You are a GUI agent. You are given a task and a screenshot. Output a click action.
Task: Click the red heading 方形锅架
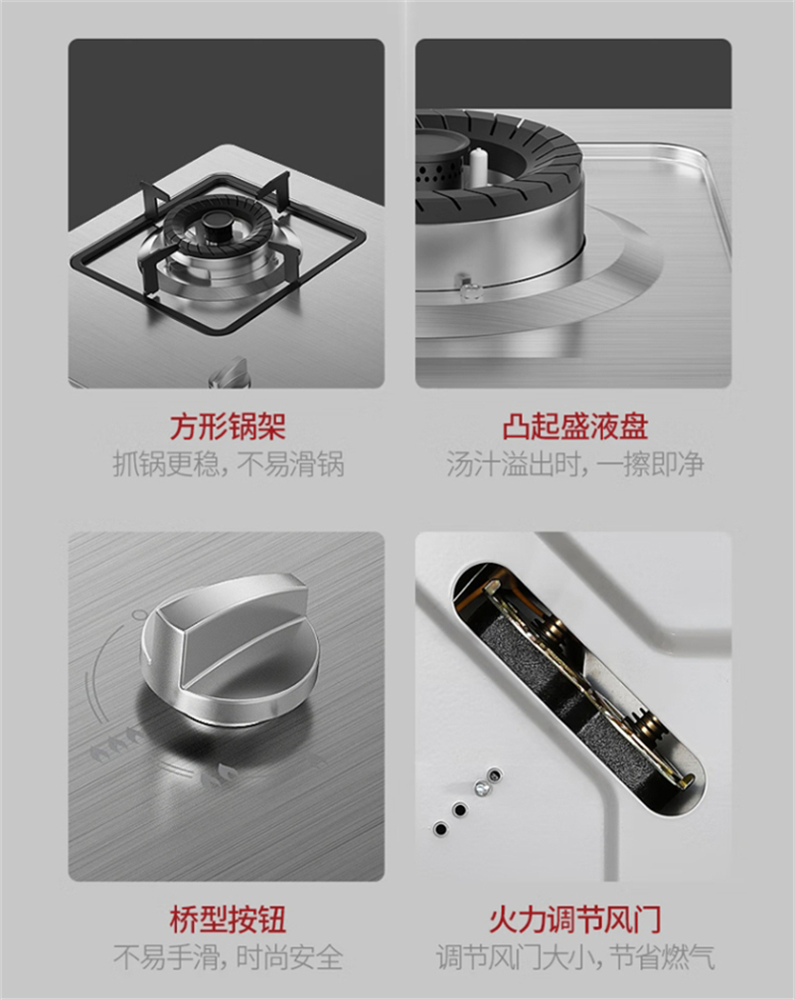coord(227,426)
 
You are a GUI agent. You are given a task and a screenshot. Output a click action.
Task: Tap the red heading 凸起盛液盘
coord(574,426)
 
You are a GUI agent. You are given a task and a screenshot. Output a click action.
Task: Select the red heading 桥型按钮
coord(227,919)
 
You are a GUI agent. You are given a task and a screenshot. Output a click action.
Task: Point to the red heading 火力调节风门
coord(574,919)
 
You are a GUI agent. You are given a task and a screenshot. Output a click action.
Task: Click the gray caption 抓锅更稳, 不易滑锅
coord(228,463)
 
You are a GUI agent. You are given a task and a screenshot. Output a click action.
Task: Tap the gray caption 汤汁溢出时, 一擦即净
coord(574,463)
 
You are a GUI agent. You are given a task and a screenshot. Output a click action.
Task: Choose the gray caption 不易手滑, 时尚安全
coord(228,956)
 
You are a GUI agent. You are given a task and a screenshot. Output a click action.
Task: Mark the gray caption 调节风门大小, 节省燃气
coord(574,956)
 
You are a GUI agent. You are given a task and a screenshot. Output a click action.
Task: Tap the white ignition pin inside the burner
coord(478,167)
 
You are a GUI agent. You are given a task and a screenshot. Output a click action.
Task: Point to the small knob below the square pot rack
coord(230,373)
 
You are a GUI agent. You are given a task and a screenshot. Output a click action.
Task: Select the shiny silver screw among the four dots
coord(483,788)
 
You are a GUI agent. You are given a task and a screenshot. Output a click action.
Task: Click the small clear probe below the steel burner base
coord(469,289)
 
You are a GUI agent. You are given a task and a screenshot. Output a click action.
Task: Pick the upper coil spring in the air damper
coord(554,629)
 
